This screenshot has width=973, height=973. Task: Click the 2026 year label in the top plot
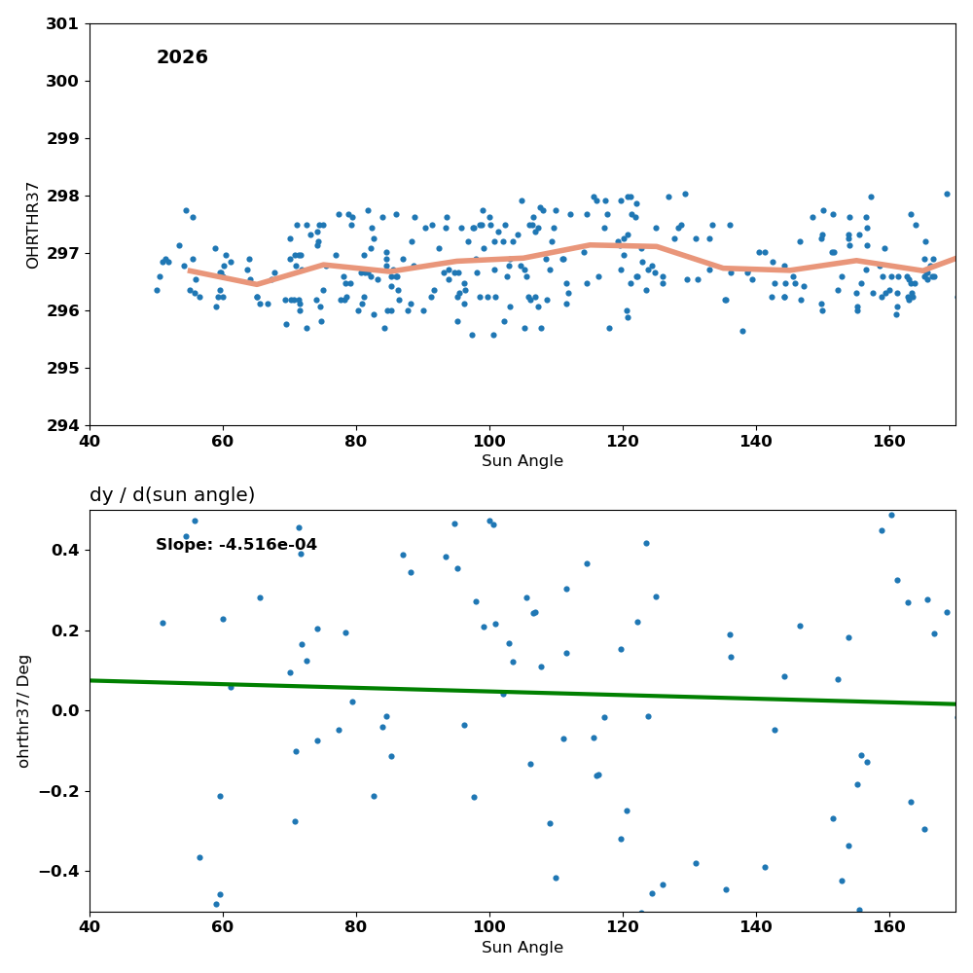[182, 57]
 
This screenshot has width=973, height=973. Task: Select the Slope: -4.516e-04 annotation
[235, 544]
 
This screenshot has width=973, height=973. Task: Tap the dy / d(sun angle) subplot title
[172, 494]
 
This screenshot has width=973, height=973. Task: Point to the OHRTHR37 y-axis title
[32, 226]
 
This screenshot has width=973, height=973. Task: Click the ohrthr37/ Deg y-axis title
[23, 711]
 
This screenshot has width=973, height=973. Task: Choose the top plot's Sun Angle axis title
[522, 461]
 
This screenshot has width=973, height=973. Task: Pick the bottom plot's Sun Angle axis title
[522, 948]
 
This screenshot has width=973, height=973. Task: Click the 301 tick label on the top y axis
[62, 24]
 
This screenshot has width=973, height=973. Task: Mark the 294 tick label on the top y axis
[62, 426]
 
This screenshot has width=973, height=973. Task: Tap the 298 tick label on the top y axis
[62, 197]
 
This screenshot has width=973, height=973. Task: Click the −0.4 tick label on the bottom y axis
[59, 872]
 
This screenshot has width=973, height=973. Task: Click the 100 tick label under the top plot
[489, 441]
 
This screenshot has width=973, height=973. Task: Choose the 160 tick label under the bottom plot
[889, 927]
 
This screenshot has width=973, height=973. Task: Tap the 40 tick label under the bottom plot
[90, 927]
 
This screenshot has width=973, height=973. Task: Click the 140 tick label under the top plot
[756, 441]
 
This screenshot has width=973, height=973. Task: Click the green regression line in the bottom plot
[523, 692]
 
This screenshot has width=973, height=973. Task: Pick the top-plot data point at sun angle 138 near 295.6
[742, 332]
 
